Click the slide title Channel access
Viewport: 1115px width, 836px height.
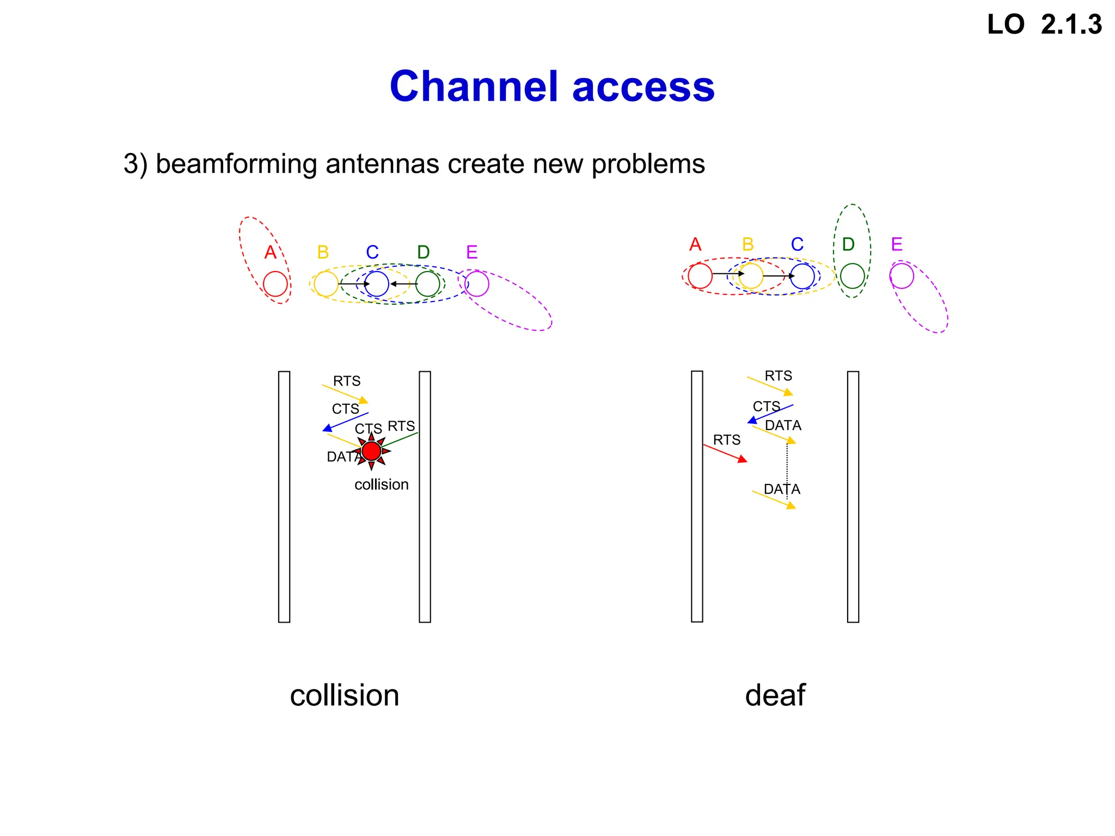(552, 87)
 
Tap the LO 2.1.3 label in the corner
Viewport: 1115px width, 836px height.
(1044, 25)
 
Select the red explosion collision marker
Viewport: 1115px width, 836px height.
(371, 451)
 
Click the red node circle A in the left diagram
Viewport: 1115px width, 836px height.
(275, 284)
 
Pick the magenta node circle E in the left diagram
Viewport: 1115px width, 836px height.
(477, 284)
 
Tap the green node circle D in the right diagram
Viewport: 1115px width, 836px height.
(852, 276)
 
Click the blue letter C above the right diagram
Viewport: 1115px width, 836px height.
(797, 244)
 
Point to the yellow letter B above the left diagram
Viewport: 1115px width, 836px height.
(323, 253)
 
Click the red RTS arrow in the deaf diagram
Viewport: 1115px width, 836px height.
(725, 453)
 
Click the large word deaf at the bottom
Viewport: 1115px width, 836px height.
(775, 695)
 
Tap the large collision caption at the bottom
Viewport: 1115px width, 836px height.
(344, 695)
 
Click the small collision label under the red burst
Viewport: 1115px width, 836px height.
(381, 484)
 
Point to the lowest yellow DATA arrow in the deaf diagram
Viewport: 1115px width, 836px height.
(774, 500)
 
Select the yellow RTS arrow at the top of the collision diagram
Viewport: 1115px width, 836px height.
(345, 394)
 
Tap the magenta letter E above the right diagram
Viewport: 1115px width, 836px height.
(897, 244)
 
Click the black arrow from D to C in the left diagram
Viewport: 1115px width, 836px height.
(403, 284)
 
